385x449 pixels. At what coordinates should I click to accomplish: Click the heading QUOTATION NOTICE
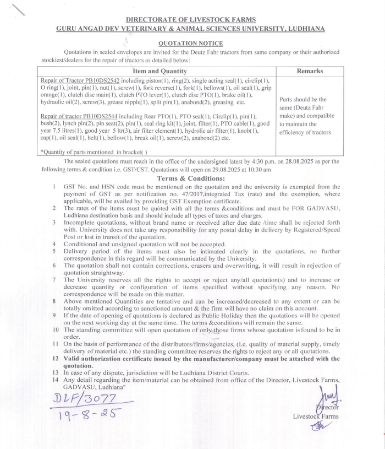click(190, 44)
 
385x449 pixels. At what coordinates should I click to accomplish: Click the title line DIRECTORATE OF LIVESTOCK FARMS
click(190, 19)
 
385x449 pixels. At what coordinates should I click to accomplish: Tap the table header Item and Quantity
click(160, 71)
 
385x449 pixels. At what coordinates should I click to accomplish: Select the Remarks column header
click(310, 71)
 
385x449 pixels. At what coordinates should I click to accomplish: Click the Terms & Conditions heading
click(190, 178)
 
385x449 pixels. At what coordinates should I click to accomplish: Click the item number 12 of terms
click(55, 359)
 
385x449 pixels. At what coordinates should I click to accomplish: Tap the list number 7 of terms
click(55, 280)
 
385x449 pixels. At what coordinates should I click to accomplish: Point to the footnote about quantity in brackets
click(94, 151)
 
